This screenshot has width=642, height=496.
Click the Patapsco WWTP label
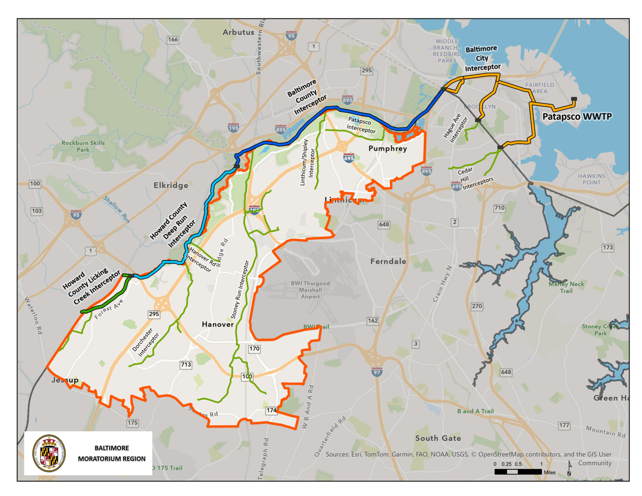point(577,117)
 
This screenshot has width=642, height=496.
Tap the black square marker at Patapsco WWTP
point(574,99)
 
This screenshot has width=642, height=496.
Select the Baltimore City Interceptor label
point(482,58)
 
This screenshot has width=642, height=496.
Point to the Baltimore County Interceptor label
point(306,97)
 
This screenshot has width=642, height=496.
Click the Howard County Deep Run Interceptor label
point(173,225)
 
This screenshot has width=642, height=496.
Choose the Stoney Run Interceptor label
point(240,290)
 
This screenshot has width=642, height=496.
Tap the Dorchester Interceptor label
point(146,342)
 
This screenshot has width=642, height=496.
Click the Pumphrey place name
point(388,148)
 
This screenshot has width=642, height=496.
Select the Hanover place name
point(218,324)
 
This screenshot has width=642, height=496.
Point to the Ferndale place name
point(388,261)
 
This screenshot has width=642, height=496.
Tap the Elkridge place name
point(171,185)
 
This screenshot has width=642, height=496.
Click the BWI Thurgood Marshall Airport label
point(310,290)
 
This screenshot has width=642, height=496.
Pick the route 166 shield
point(173,39)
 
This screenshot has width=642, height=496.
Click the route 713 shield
point(186,365)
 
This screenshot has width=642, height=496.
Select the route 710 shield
point(499,208)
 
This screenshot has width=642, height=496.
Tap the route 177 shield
point(564,425)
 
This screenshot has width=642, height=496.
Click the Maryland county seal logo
point(49,453)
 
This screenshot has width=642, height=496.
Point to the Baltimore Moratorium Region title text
point(112,453)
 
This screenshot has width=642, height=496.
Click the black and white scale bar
point(518,472)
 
